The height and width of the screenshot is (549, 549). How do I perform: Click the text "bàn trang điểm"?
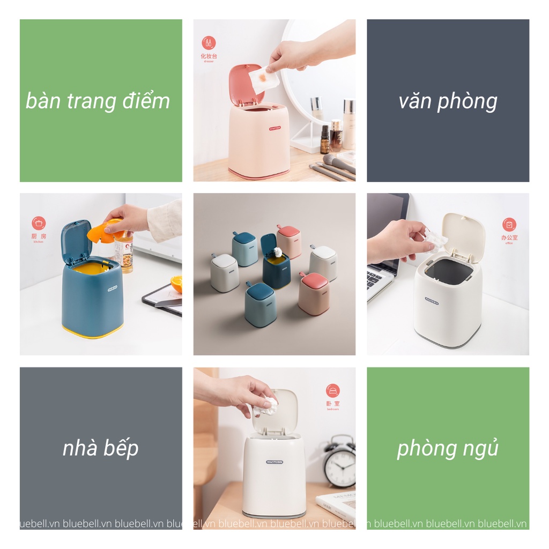click(x=98, y=101)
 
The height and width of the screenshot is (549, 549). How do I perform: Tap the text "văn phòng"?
click(x=448, y=101)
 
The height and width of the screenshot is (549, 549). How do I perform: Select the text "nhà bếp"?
click(x=100, y=448)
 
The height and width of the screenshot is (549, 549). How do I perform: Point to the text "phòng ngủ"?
click(x=448, y=448)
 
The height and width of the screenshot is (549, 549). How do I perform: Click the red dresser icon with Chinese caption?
click(x=209, y=43)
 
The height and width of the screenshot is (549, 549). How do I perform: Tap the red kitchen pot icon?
click(x=39, y=224)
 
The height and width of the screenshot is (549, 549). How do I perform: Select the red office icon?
click(x=509, y=225)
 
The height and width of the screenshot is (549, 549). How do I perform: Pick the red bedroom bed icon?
click(x=332, y=391)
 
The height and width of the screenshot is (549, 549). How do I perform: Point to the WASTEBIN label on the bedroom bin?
click(x=274, y=461)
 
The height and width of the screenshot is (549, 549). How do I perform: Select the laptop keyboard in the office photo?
click(x=380, y=281)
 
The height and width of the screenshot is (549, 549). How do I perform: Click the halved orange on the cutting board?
click(x=176, y=283)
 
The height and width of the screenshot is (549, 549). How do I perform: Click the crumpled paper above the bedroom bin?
click(x=266, y=408)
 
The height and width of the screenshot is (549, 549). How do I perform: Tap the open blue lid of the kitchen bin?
click(x=76, y=241)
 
